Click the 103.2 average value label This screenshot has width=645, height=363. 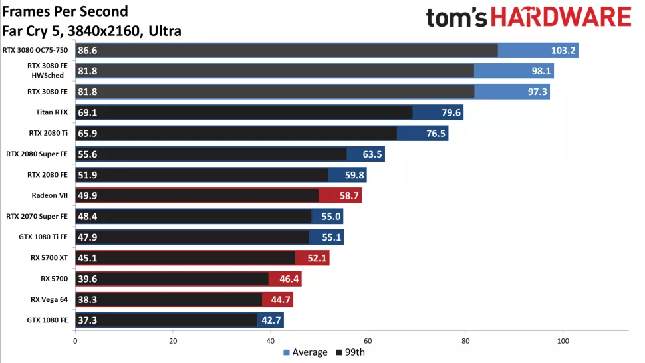[564, 51]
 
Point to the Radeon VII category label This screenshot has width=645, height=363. [50, 195]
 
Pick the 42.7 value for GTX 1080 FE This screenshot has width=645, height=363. [271, 320]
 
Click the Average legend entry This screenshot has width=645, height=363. [305, 352]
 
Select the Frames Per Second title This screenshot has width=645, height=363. [65, 11]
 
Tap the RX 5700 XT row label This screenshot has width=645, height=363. [49, 258]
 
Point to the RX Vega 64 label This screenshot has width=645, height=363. [49, 299]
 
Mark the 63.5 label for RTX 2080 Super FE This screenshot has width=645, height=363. [372, 154]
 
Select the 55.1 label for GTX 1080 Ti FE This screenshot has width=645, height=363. [330, 237]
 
